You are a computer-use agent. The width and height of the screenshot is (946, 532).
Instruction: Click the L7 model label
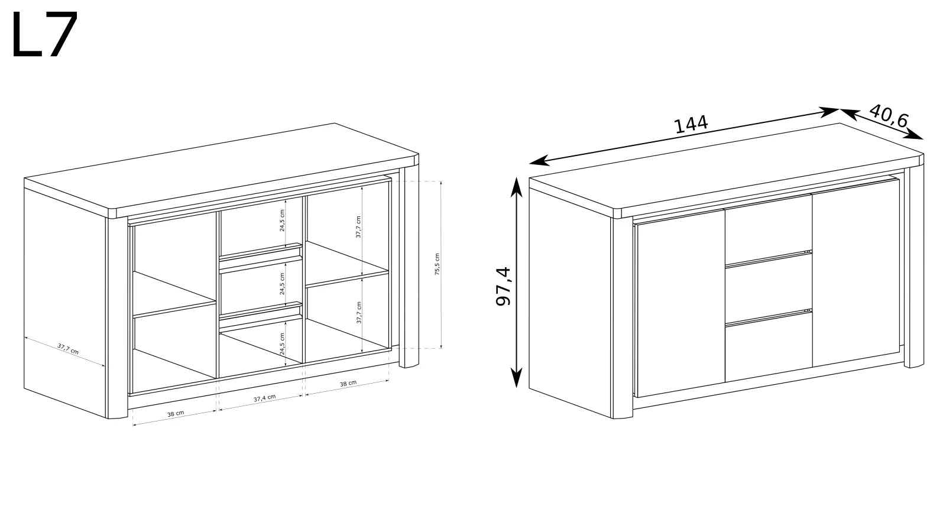click(x=45, y=35)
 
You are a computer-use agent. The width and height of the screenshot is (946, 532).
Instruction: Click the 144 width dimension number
click(x=691, y=124)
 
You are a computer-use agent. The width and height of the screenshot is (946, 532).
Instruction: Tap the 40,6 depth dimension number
click(x=889, y=116)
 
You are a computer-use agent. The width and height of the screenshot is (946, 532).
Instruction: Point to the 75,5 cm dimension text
click(x=437, y=264)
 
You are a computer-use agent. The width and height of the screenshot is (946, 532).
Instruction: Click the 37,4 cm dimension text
click(x=265, y=398)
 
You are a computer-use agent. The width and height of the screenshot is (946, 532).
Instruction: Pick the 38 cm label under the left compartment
click(x=176, y=414)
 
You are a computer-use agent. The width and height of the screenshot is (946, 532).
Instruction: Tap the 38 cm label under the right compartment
click(x=348, y=384)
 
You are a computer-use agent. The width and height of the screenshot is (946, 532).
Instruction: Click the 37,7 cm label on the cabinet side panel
click(x=68, y=349)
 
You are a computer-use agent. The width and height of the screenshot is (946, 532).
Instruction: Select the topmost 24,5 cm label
click(x=282, y=220)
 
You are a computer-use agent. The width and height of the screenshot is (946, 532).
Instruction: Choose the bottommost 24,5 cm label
click(x=282, y=343)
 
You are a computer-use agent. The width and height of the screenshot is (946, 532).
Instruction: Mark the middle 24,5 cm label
click(x=282, y=283)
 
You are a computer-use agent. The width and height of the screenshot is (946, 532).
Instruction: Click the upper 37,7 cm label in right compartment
click(x=358, y=227)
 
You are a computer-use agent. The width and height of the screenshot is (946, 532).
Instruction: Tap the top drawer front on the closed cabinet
click(x=769, y=231)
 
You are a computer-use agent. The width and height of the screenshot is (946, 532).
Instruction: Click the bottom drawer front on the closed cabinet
click(x=769, y=348)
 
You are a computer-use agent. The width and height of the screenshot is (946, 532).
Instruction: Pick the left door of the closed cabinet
click(x=681, y=303)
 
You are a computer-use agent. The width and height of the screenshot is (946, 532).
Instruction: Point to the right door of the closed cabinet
click(x=856, y=273)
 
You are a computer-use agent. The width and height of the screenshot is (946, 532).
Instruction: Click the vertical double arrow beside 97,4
click(x=516, y=283)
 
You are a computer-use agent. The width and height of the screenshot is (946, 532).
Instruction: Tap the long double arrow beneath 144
click(x=683, y=137)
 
